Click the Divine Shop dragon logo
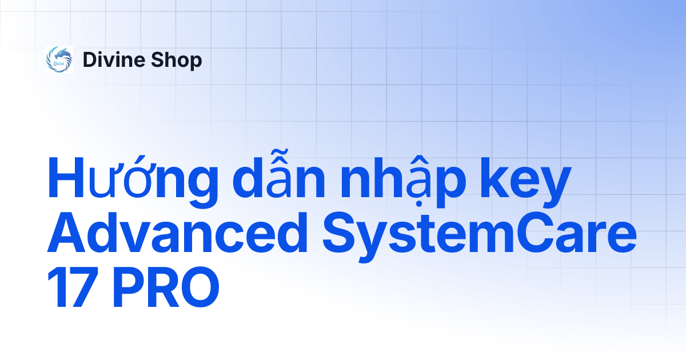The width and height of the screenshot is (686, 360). click(x=59, y=60)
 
